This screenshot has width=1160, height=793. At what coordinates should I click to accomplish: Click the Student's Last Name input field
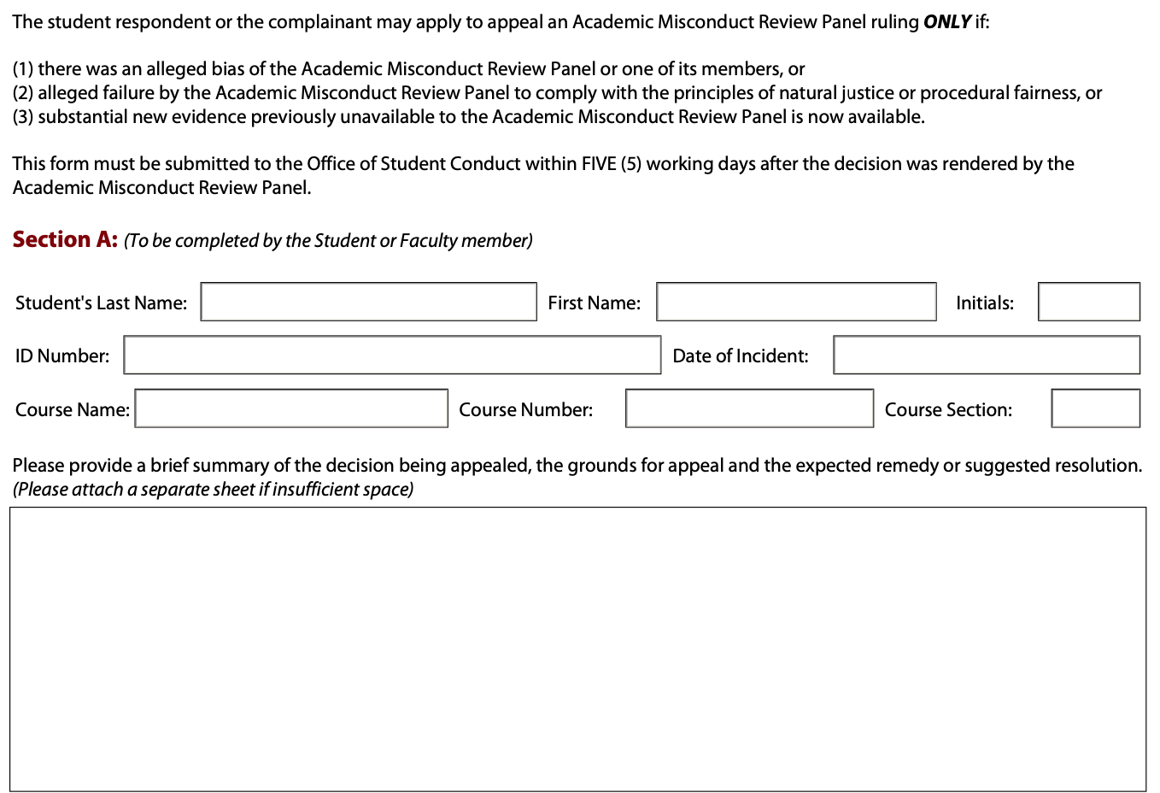tap(368, 303)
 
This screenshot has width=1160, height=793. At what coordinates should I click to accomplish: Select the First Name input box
tap(796, 303)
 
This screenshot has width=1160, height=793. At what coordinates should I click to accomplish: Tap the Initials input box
tap(1088, 303)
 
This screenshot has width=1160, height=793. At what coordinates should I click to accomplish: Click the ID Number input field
tap(392, 355)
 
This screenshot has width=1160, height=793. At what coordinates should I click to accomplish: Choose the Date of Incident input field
tap(987, 355)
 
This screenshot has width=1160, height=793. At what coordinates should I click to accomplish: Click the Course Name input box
tap(291, 409)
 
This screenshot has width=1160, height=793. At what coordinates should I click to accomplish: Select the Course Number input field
tap(749, 409)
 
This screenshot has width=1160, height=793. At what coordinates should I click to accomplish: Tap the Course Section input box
tap(1095, 409)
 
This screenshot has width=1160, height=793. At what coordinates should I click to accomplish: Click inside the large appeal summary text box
tap(577, 649)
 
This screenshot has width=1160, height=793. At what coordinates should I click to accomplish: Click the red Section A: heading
tap(65, 240)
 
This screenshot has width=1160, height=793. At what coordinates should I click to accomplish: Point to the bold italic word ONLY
tap(946, 21)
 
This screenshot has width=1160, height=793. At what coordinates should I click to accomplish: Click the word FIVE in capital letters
tap(598, 164)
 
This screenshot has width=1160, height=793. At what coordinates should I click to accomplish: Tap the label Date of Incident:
tap(740, 356)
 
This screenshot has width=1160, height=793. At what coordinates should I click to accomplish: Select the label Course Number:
tap(525, 410)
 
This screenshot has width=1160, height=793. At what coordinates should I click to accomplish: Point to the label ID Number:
tap(62, 356)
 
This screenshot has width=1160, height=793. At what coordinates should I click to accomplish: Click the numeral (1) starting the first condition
tap(23, 69)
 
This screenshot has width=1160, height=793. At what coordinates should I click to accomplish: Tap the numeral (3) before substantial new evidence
tap(23, 117)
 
